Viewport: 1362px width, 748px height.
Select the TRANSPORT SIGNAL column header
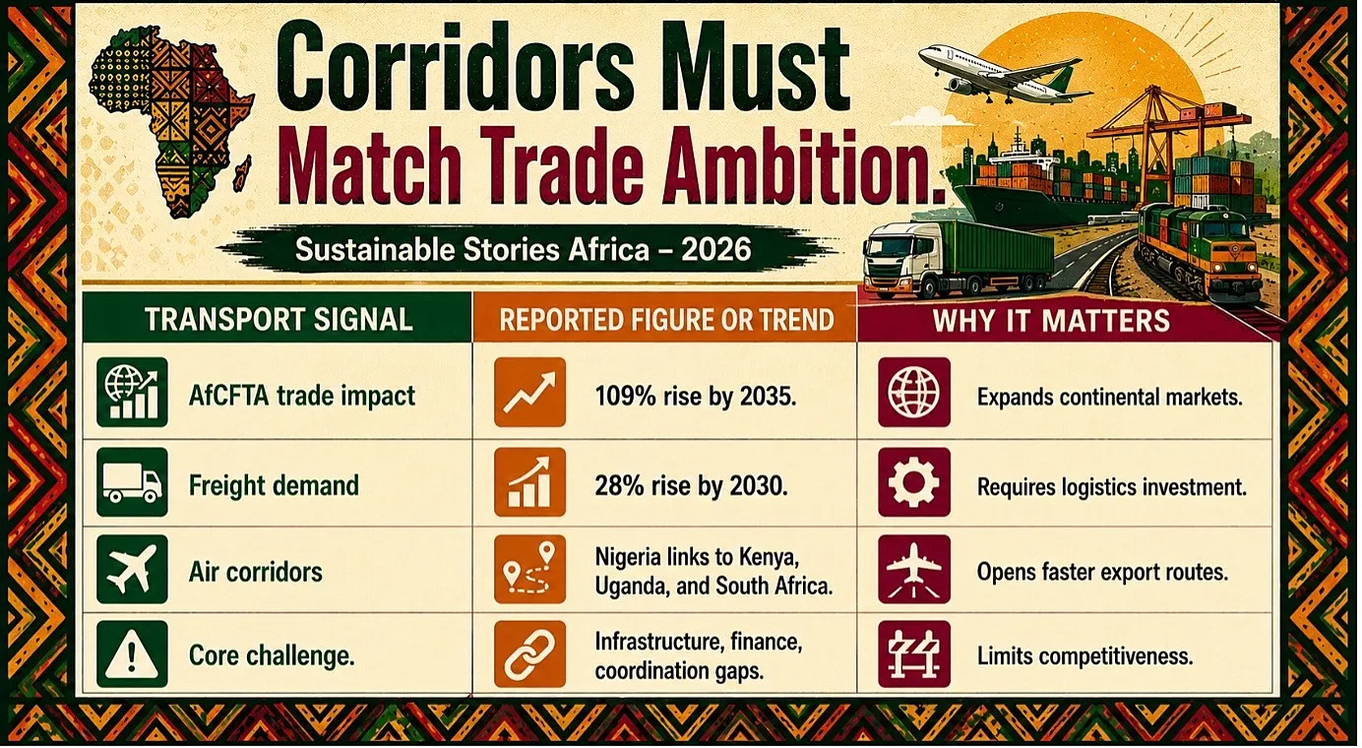coord(279,319)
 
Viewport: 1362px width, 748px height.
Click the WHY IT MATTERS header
coord(1051,321)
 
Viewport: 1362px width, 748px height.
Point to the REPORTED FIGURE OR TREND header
coord(666,320)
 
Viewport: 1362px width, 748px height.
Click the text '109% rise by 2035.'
coord(696,397)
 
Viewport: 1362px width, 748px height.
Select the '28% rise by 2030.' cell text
coord(692,486)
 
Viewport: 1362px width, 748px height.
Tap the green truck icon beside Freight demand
coord(132,482)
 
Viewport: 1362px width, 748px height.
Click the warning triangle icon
coord(132,654)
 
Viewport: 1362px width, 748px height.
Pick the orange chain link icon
coord(529,654)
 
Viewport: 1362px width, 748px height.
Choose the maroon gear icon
coord(914,482)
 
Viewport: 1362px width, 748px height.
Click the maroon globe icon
coord(914,393)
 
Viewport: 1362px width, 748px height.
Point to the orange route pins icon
coord(529,569)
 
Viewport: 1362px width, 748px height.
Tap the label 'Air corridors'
coord(256,572)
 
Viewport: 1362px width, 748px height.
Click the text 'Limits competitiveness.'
coord(1084,656)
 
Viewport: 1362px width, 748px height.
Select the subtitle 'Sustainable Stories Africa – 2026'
coord(523,250)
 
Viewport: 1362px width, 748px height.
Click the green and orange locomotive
coord(1195,256)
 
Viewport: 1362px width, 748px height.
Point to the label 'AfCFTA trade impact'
coord(302,396)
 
